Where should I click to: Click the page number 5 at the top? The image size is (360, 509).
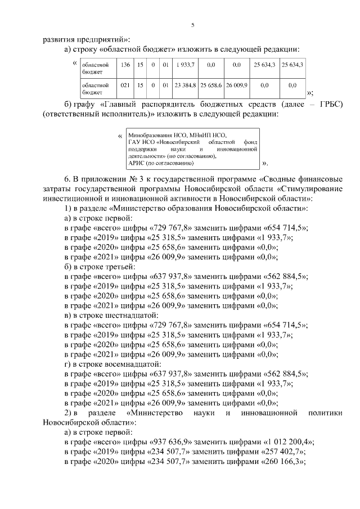[x=193, y=25]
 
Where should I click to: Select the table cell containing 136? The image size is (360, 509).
[x=125, y=65]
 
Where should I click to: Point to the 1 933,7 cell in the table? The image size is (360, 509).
[x=184, y=65]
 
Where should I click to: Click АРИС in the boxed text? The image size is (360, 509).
[x=136, y=163]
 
